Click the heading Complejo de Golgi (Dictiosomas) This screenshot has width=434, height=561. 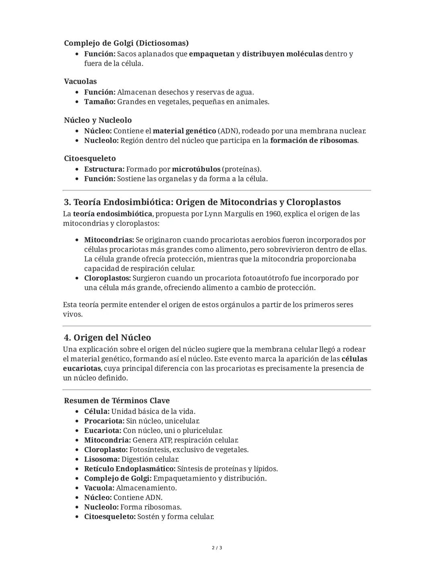tap(126, 43)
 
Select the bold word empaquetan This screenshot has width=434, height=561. tap(211, 54)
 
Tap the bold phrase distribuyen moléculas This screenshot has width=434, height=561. tap(282, 54)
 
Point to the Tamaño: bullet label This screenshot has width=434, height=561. tap(100, 102)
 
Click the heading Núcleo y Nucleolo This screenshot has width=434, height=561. tap(98, 120)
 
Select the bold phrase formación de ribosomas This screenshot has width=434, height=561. tap(313, 141)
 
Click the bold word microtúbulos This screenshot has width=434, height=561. tap(196, 169)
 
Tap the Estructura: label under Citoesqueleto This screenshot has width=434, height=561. tap(104, 169)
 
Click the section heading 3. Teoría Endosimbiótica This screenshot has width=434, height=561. tap(202, 202)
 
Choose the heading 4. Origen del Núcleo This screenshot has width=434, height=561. tap(107, 337)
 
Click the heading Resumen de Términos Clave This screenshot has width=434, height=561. tap(117, 400)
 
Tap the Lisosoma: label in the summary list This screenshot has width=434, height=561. tap(102, 459)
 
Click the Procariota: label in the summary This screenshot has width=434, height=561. tap(104, 421)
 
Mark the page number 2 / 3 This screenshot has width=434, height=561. tap(217, 548)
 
